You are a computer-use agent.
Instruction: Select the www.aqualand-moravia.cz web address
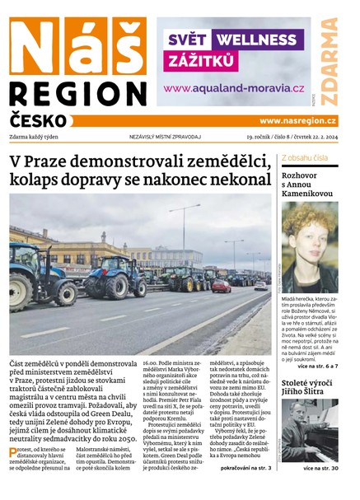coord(234,88)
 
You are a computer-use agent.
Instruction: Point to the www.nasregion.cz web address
coord(297,121)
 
